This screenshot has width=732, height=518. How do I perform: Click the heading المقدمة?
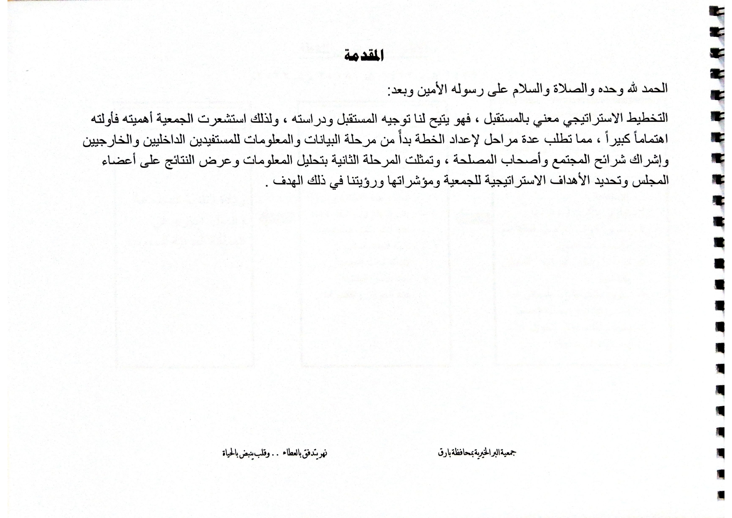(x=364, y=56)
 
